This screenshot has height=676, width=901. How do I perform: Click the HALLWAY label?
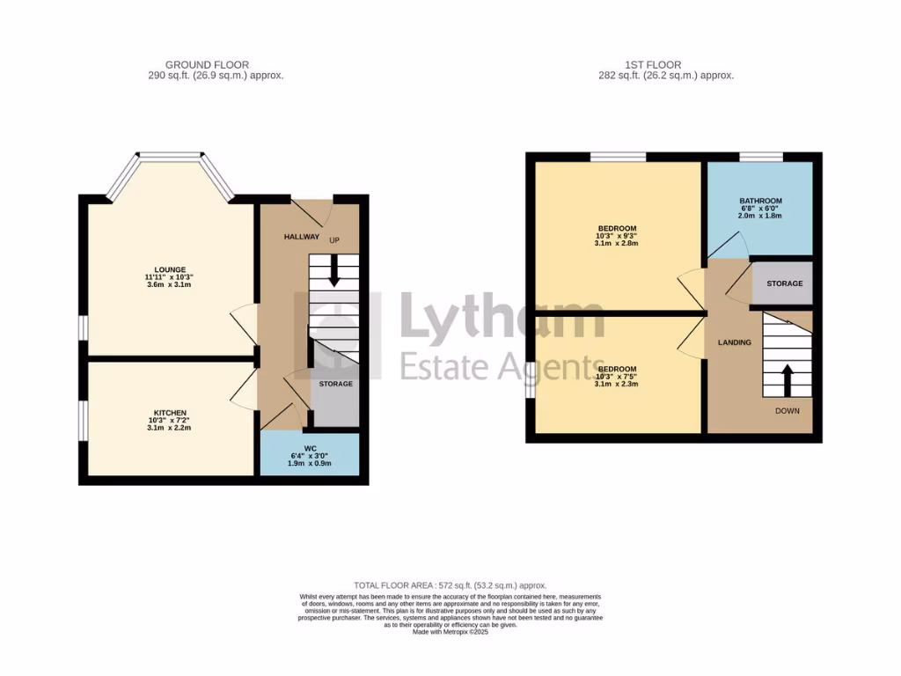(x=302, y=237)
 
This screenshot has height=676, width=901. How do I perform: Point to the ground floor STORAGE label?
(x=335, y=384)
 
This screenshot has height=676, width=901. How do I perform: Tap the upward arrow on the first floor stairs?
(x=787, y=379)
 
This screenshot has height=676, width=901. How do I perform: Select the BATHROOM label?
(x=760, y=201)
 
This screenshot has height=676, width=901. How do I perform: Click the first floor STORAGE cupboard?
(x=784, y=283)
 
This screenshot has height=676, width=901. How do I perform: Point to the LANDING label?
(x=734, y=342)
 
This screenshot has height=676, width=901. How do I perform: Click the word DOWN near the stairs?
(x=787, y=411)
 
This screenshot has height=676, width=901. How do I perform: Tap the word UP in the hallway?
(x=334, y=240)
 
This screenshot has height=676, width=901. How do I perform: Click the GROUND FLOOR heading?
(x=207, y=64)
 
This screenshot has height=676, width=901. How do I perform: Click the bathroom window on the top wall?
(x=760, y=157)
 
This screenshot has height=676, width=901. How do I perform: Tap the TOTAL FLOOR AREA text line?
(x=450, y=585)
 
